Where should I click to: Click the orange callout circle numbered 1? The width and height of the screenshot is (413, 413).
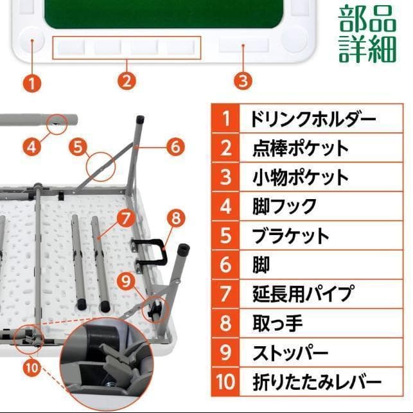[x=32, y=82]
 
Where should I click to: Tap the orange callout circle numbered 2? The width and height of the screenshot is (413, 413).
[x=127, y=81]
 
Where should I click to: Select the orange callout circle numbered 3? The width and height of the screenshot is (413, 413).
[x=242, y=81]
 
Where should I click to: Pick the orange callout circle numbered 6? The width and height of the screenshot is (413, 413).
[x=175, y=146]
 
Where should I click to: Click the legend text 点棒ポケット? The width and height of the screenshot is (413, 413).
[x=301, y=148]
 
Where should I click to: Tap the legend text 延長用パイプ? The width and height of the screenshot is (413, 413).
[x=303, y=294]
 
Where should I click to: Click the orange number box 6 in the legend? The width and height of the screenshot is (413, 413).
[x=225, y=265]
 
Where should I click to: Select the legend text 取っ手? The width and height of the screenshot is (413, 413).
[x=277, y=323]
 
